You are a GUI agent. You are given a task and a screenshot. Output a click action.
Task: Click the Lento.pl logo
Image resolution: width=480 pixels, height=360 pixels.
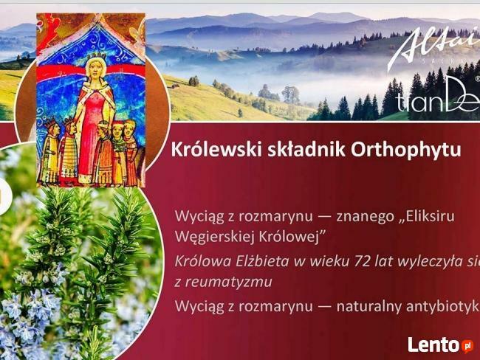441,345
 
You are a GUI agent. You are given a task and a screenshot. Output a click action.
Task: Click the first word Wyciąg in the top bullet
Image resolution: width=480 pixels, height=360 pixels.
196,217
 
